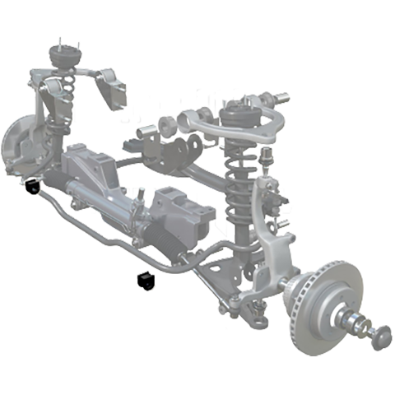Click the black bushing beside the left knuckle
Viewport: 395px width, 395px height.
[x=34, y=187]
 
